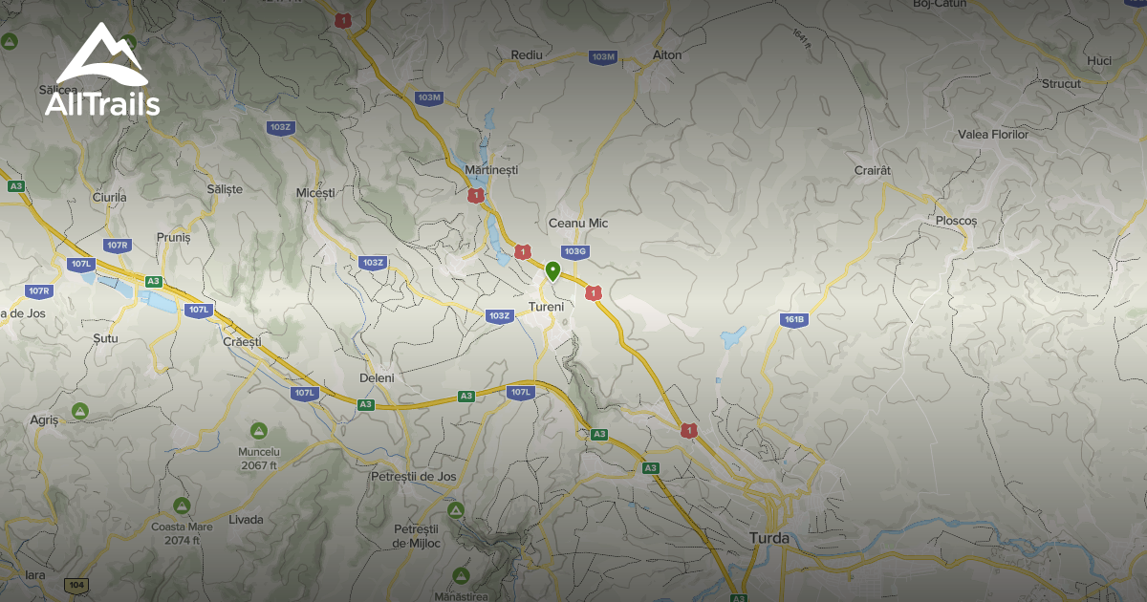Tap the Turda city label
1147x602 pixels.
coord(769,538)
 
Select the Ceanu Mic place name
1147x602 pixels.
coord(577,223)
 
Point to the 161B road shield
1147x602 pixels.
coord(793,319)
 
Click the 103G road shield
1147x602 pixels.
coord(574,252)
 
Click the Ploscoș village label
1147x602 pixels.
coord(957,221)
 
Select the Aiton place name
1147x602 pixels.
coord(667,55)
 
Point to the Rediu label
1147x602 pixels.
coord(527,55)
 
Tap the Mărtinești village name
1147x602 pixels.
coord(490,169)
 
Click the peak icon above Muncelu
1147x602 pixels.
coord(258,431)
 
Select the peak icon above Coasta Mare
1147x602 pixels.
coord(182,505)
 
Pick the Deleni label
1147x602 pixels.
coord(376,378)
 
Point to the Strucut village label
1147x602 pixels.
coord(1061,84)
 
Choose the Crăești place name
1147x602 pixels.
coord(241,342)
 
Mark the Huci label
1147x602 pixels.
coord(1099,61)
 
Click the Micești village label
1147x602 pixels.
coord(316,193)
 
